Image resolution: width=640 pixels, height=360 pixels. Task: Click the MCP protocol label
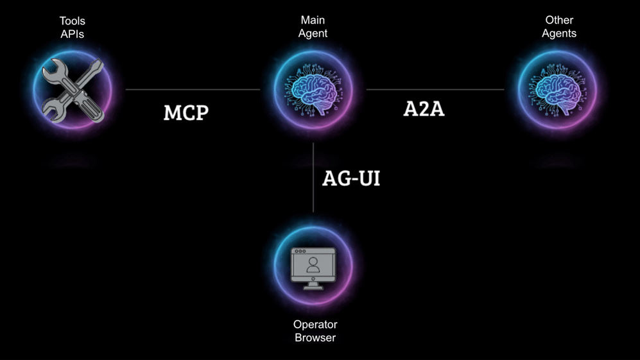pos(186,113)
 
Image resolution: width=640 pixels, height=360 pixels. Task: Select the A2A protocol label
pos(424,109)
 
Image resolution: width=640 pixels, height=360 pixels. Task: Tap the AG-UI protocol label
pos(351,178)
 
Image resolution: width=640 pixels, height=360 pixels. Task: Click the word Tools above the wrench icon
pos(73,21)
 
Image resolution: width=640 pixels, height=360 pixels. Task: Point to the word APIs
pos(73,34)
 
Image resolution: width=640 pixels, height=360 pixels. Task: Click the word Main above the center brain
pos(313,20)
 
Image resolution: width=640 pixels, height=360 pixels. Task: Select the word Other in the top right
pos(559,20)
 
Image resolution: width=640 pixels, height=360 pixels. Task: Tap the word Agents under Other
pos(559,33)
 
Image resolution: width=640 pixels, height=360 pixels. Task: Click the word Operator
pos(315,325)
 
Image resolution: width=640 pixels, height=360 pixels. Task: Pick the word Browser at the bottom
pos(315,338)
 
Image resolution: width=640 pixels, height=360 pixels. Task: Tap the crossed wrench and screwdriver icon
pos(73,90)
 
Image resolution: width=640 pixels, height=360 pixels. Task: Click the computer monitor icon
pos(313,268)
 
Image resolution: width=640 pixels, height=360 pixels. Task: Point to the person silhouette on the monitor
pos(313,265)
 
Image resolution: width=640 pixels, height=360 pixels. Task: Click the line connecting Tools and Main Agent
pos(193,89)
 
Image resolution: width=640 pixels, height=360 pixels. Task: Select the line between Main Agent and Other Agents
pos(435,89)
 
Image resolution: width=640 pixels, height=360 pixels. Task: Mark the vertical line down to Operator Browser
pos(313,178)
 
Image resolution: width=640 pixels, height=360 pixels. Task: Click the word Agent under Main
pos(313,33)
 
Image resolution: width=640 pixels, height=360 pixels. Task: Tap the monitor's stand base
pos(313,287)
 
